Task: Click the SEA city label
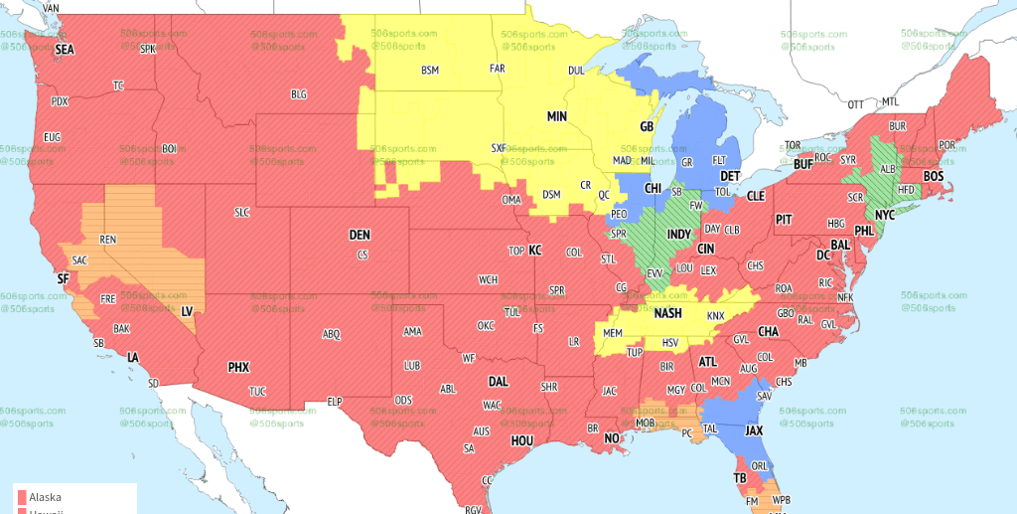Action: (x=65, y=49)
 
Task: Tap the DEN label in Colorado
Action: (x=360, y=235)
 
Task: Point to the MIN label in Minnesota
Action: (x=557, y=116)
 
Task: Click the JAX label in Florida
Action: (x=754, y=430)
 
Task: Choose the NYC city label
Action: (x=885, y=214)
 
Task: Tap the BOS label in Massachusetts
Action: (x=934, y=176)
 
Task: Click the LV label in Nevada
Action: (x=186, y=311)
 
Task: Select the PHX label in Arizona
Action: (x=238, y=367)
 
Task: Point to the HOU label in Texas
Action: (x=522, y=439)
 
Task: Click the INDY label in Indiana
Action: (x=678, y=235)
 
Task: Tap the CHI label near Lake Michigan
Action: (x=654, y=188)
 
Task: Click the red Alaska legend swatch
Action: (x=21, y=497)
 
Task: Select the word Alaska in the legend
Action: (x=45, y=497)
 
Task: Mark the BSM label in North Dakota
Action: (x=429, y=70)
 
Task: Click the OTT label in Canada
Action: (x=855, y=104)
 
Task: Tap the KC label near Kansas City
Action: (x=534, y=250)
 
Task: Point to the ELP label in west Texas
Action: (x=335, y=402)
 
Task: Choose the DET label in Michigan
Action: (x=730, y=175)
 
